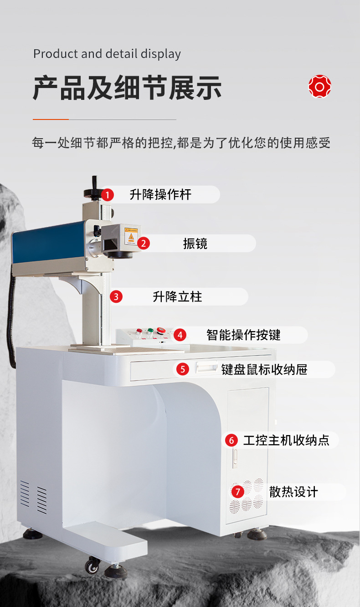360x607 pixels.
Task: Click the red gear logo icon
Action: coord(319,87)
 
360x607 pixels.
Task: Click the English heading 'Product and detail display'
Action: coord(107,54)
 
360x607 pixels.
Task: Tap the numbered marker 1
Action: coord(107,195)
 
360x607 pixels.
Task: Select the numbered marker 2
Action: coord(144,244)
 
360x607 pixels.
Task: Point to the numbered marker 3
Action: coord(116,297)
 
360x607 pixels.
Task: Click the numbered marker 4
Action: coord(180,335)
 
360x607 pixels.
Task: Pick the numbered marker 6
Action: coord(231,441)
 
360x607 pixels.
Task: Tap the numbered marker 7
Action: coord(237,492)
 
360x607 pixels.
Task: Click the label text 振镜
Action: coord(195,244)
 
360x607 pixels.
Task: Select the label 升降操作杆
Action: coord(160,195)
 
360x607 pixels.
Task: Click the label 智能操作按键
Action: coord(243,335)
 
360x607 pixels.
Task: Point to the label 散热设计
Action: coord(293,492)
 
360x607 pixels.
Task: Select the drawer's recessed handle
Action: coord(206,367)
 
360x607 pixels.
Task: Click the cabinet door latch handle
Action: coord(235,457)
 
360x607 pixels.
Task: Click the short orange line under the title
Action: coord(51,119)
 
